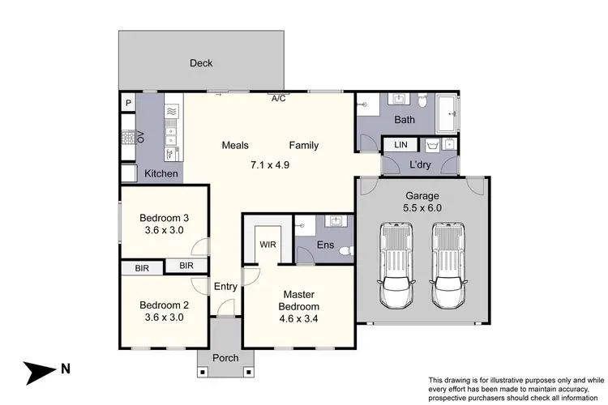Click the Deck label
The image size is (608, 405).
coord(201,63)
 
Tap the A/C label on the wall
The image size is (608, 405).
coord(278,99)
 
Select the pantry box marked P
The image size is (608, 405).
coord(128,103)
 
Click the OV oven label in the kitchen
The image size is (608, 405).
coord(140,138)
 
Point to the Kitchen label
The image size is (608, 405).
coord(161,173)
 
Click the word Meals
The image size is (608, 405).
coord(236,146)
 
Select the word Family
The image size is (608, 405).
coord(304,146)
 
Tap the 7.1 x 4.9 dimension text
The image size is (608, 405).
coord(269,164)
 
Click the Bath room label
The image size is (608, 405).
coord(405,121)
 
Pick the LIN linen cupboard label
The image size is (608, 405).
coord(401,144)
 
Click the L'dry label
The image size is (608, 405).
coord(420,165)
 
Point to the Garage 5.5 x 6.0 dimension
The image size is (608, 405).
coord(422,208)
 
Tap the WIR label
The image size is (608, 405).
coord(268,243)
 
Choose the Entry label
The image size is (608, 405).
coord(225,286)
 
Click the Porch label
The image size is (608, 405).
coord(225,358)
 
